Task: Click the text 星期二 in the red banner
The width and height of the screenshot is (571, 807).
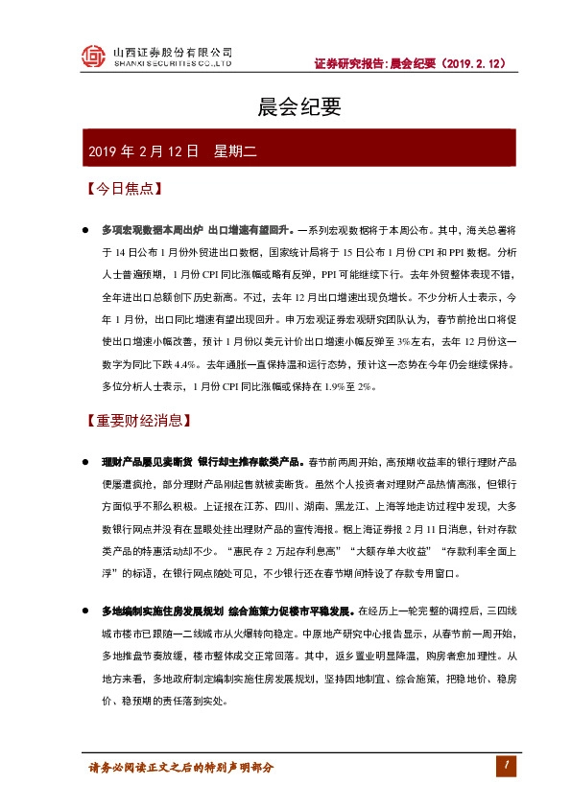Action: (232, 151)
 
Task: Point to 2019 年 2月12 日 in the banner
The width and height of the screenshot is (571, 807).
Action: (143, 151)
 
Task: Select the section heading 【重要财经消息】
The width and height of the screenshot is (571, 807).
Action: (138, 420)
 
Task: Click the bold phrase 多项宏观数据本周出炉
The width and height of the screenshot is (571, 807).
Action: (152, 231)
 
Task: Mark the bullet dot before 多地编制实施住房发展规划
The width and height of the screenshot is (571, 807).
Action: (86, 610)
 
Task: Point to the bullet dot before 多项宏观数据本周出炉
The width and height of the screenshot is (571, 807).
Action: (86, 231)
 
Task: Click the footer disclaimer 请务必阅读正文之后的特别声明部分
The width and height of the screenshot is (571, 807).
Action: (181, 768)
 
